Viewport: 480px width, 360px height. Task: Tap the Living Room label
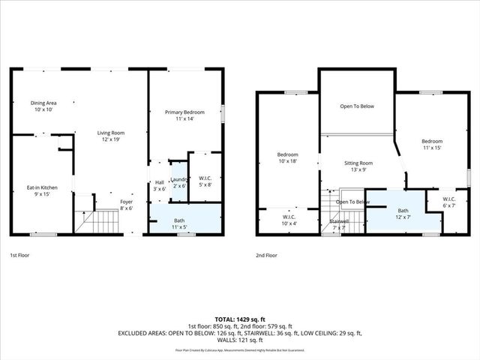coord(109,136)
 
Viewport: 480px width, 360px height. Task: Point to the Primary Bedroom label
coord(184,115)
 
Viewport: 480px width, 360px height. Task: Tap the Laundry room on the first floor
coord(178,183)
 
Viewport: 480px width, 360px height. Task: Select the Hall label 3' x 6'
coord(159,186)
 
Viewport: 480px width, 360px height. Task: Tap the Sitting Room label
coord(358,166)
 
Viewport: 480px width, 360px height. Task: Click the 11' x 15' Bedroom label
coord(431,145)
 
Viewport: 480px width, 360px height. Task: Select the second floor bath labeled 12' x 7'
coord(403,214)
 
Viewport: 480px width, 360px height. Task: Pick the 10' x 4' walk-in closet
coord(289,220)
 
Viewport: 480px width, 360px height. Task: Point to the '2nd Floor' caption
coord(267,255)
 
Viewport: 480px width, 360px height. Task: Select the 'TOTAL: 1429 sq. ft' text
coord(239,319)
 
